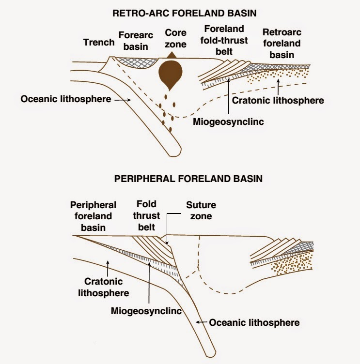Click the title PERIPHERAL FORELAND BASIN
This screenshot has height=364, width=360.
[188, 179]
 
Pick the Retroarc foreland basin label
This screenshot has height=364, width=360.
[281, 44]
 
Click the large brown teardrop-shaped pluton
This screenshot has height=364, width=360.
[170, 75]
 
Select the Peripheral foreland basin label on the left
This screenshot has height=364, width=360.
[93, 216]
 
